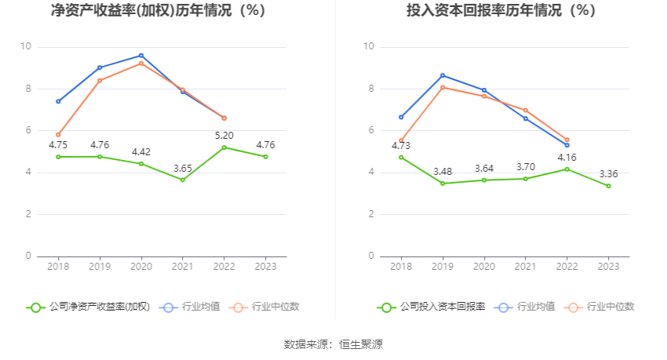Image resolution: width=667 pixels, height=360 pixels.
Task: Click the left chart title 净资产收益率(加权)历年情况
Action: click(x=158, y=11)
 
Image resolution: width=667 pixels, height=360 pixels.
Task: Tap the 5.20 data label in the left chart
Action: click(x=224, y=136)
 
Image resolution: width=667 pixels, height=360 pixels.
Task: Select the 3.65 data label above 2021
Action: click(x=183, y=168)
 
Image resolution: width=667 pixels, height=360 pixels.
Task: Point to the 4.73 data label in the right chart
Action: click(x=401, y=145)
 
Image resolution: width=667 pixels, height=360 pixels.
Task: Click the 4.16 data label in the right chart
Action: click(x=567, y=157)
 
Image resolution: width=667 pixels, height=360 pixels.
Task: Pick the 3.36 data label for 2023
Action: click(x=608, y=174)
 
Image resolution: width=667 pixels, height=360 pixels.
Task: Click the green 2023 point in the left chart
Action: click(x=266, y=157)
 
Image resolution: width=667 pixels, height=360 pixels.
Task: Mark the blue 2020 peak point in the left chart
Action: click(x=141, y=56)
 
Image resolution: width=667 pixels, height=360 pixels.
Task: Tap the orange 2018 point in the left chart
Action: click(x=58, y=135)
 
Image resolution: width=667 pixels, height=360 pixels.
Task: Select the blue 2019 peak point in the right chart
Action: click(x=443, y=75)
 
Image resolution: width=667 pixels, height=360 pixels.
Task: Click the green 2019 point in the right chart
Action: click(x=443, y=184)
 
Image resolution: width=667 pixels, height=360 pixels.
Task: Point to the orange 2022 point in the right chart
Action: click(x=567, y=140)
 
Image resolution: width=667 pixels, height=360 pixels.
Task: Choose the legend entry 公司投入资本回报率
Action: click(x=432, y=307)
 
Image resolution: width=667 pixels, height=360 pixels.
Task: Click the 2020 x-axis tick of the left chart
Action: click(x=141, y=267)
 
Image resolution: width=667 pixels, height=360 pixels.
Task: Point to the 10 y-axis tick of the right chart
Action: click(x=368, y=47)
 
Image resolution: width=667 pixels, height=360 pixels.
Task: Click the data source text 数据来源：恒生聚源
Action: click(x=333, y=344)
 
